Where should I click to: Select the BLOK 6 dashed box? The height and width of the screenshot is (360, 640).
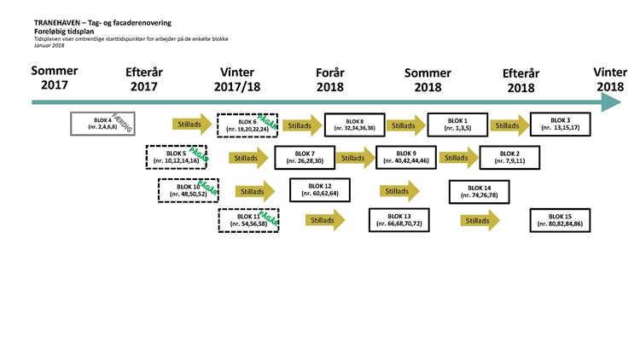247,125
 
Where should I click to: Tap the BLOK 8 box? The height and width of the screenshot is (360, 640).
355,125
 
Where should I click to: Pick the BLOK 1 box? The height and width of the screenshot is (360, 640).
457,125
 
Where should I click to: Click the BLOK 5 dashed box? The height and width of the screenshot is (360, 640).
177,157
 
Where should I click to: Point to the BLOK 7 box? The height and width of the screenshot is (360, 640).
305,158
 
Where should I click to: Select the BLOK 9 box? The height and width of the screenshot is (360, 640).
406,158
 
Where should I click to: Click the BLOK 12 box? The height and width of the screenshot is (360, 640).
321,190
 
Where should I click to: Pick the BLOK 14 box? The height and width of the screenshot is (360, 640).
479,190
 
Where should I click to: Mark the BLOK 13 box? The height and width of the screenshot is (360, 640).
399,220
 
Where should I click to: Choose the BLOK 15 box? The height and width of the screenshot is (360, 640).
561,221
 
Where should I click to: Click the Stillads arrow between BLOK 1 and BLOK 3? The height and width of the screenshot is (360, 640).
509,125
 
